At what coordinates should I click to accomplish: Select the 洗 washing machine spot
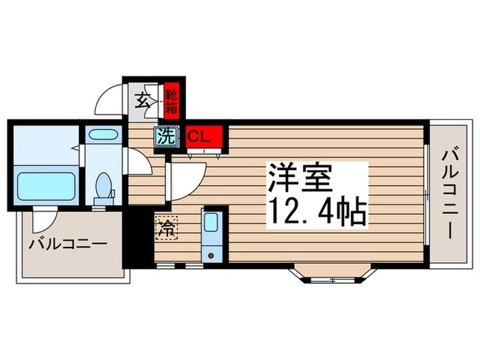[165, 136]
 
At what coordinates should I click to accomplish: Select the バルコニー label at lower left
[67, 244]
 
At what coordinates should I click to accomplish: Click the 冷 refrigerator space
[165, 227]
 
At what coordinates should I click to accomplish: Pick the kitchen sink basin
[211, 223]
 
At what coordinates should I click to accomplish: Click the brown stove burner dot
[211, 255]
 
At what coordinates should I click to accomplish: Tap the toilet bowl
[104, 186]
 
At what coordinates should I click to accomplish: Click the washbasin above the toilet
[104, 136]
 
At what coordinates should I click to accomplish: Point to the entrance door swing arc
[108, 101]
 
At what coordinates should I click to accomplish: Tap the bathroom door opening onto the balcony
[43, 221]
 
